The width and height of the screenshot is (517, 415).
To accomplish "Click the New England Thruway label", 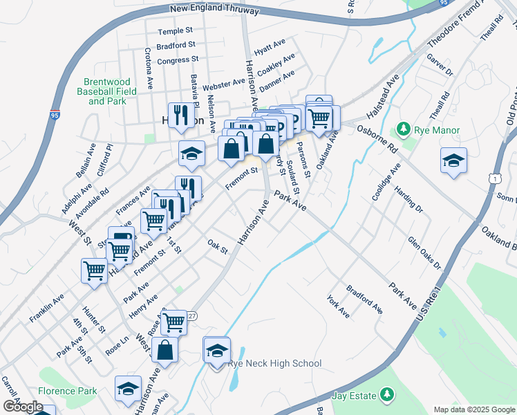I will point(215,11).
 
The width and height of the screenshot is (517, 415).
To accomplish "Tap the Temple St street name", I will point(175,32).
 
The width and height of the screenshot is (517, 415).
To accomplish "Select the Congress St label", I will point(178,61).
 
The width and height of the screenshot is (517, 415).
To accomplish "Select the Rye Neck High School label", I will point(275,364).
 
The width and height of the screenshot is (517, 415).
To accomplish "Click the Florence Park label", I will point(68,391).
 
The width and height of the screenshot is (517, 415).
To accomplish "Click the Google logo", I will point(22,407).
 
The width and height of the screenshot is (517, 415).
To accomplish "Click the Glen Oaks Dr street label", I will point(424,252).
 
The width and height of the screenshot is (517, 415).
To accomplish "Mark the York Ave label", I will point(338,306).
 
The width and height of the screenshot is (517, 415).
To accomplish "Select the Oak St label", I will point(218,246).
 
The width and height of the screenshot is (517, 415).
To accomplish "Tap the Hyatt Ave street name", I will point(270,47).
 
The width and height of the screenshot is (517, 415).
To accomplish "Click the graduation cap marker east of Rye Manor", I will point(453,161).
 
